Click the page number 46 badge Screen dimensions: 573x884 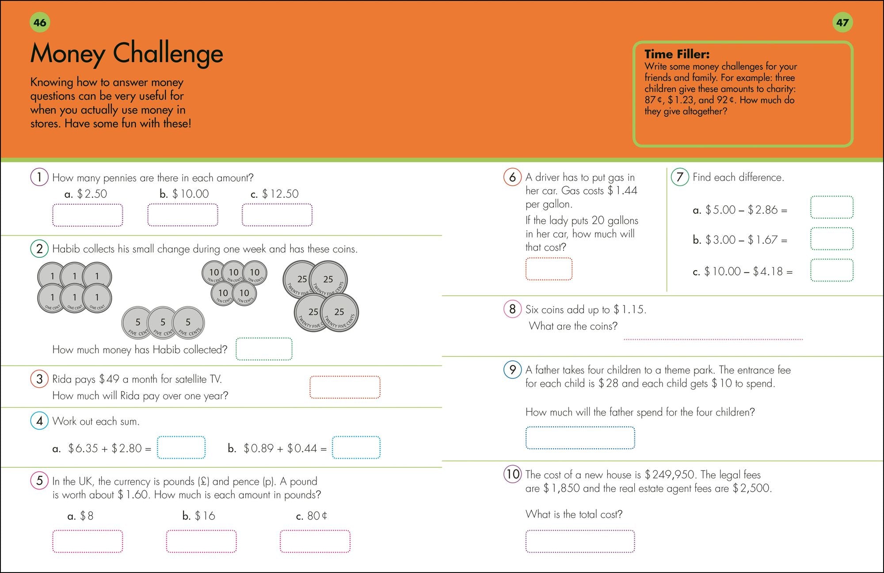40,23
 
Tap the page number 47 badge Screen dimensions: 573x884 842,23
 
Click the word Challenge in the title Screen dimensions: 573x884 168,53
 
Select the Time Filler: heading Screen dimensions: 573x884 677,54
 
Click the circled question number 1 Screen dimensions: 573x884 39,177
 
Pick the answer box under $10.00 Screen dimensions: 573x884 183,215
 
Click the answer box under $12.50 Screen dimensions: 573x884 277,215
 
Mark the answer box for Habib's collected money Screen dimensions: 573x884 264,349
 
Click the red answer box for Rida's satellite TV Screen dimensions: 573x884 345,387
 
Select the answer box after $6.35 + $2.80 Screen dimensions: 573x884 181,447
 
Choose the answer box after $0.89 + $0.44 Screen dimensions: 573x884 356,447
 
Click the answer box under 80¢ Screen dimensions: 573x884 315,541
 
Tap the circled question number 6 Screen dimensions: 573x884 512,177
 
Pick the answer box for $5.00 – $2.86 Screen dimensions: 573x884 831,207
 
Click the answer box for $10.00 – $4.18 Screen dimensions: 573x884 831,270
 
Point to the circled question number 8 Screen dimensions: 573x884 512,309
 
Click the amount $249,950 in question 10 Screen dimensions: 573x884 670,475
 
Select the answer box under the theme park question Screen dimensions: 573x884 580,438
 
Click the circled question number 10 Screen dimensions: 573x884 513,474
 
